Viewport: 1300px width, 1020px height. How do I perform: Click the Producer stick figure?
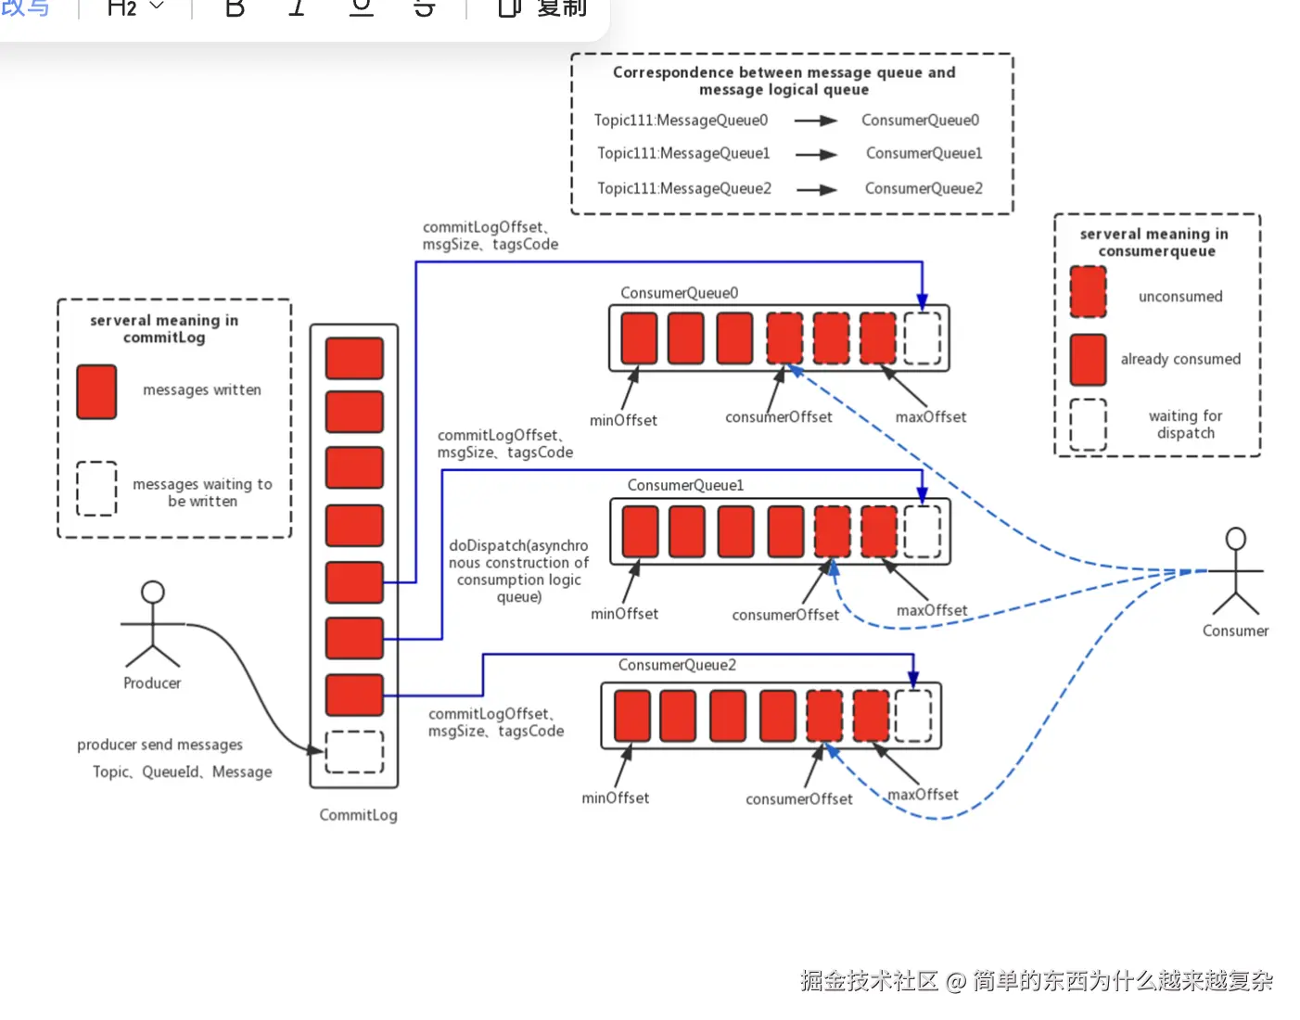point(152,625)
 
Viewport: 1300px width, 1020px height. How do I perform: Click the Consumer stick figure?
point(1235,572)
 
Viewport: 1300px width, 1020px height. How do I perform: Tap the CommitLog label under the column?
point(358,815)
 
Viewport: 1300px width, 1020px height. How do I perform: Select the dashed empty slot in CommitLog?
point(354,752)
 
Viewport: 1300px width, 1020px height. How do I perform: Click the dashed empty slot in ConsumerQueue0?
point(922,338)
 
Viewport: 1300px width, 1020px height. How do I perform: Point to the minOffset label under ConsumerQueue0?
point(623,420)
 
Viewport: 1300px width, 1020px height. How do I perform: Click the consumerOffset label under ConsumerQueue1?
point(785,615)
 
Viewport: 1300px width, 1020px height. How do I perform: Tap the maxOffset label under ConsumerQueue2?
point(923,795)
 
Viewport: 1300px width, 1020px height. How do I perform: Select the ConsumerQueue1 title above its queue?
point(685,485)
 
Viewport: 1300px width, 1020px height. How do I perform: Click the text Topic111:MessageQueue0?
point(681,121)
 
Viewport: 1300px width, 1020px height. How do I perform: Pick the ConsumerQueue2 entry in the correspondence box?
point(924,188)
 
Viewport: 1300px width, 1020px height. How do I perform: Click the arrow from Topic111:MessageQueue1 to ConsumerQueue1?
point(816,155)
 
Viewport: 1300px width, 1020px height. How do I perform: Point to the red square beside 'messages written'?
point(96,391)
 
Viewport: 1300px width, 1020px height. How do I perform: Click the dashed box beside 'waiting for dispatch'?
point(1088,425)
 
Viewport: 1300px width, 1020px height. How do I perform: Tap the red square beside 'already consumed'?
point(1088,360)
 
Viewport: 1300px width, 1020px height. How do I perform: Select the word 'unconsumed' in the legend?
point(1180,297)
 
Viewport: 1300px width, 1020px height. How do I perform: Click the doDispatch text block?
point(518,571)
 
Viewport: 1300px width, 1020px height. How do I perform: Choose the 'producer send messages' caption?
point(159,745)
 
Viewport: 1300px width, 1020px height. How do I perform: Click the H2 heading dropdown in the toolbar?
point(135,8)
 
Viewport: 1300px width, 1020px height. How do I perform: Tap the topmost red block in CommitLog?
point(354,358)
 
